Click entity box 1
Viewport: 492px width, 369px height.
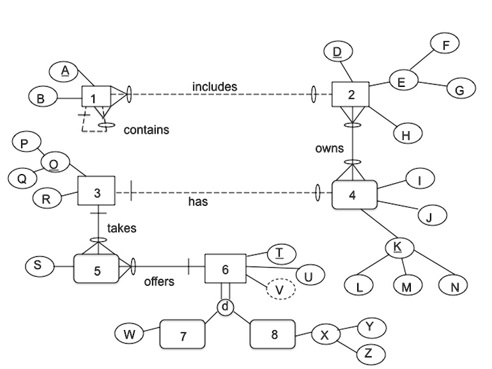point(96,97)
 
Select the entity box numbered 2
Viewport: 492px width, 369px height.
point(351,94)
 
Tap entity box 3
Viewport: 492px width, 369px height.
point(96,191)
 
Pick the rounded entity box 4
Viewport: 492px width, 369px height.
point(355,194)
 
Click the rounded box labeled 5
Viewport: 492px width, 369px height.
point(96,269)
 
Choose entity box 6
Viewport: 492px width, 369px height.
point(226,269)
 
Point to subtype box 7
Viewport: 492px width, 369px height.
point(183,334)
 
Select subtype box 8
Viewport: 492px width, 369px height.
point(273,334)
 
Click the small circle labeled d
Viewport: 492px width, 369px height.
point(226,307)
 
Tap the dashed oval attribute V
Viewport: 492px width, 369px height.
point(281,289)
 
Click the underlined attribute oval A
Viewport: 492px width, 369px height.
point(64,71)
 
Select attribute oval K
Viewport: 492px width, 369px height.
point(399,247)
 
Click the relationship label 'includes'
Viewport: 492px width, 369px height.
point(215,87)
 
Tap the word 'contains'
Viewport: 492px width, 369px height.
point(146,130)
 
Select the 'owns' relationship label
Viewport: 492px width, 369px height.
point(330,148)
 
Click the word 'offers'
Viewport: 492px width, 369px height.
point(159,281)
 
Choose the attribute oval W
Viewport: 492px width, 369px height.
point(129,334)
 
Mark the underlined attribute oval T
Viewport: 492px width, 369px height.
point(281,253)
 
